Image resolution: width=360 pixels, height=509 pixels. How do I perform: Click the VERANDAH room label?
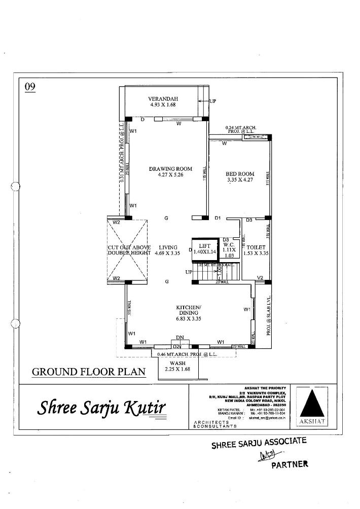click(163, 99)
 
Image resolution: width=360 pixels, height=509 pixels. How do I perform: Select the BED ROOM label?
click(240, 174)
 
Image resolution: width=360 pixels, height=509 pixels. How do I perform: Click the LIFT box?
click(205, 248)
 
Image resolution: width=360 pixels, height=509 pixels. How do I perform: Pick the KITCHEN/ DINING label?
click(189, 310)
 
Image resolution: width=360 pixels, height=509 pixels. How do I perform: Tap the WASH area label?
click(177, 363)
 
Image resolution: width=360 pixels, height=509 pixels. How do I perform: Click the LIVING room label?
click(168, 247)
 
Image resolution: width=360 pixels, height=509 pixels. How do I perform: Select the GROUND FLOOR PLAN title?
click(89, 372)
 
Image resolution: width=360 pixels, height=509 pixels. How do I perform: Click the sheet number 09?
click(30, 87)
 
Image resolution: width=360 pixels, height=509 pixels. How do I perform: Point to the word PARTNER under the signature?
click(290, 464)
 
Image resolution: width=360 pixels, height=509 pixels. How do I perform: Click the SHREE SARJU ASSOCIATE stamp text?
click(259, 444)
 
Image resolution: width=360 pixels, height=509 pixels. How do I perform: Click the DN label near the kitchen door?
click(179, 337)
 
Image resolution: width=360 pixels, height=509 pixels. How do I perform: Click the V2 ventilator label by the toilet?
click(260, 278)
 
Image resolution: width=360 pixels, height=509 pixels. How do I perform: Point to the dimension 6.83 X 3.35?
click(189, 319)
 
